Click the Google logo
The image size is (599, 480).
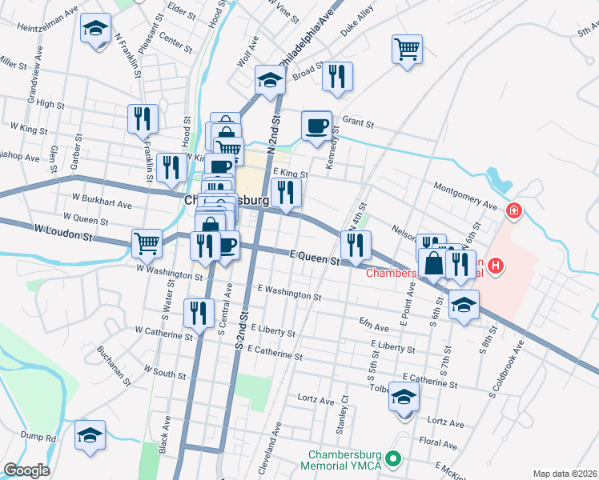click(x=26, y=470)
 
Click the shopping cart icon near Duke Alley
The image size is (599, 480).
click(x=407, y=50)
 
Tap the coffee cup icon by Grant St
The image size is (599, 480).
click(x=316, y=126)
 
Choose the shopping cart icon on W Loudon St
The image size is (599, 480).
click(x=147, y=242)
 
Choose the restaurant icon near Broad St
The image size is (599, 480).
click(x=336, y=78)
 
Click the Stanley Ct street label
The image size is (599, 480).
click(x=342, y=410)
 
